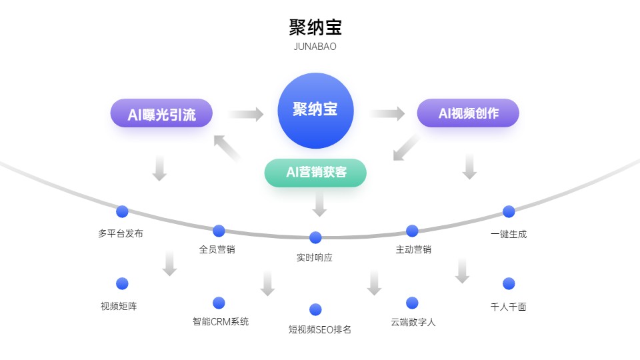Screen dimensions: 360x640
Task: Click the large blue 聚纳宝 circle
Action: (315, 111)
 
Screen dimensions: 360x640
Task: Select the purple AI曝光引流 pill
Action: (161, 113)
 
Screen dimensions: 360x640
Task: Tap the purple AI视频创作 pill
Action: (468, 113)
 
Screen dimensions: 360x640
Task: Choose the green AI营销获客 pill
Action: (315, 172)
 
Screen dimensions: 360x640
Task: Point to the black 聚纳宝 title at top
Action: (315, 27)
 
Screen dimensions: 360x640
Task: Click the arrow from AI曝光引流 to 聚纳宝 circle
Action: (246, 114)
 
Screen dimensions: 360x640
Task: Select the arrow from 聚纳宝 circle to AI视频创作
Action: (387, 114)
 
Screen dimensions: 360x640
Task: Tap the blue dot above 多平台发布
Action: (122, 211)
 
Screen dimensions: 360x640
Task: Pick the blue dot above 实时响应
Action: (315, 237)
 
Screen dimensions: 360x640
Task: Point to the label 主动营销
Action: (413, 250)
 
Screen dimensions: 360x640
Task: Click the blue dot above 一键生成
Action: (509, 211)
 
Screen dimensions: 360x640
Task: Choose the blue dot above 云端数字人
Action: (412, 303)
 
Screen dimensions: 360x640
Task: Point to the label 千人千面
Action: (509, 307)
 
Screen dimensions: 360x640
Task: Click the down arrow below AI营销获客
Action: (320, 203)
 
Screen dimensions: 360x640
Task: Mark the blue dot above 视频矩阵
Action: (122, 283)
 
